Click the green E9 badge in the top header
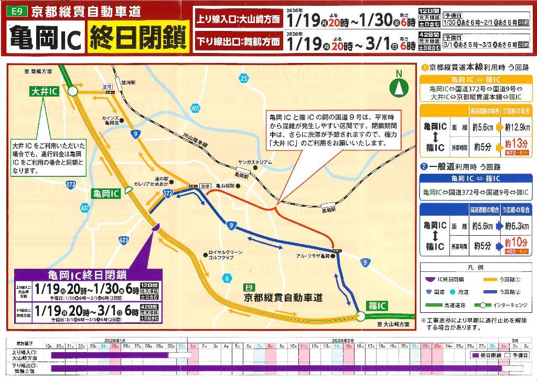coord(17,10)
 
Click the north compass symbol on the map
coord(400,86)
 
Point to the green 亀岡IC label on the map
coord(106,193)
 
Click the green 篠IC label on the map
coord(374,305)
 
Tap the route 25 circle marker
coord(243,79)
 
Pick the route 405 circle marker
coord(196,108)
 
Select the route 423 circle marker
coord(124,240)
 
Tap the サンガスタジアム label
coord(255,162)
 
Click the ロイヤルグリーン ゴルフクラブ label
coord(225,255)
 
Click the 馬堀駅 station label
coord(328,209)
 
